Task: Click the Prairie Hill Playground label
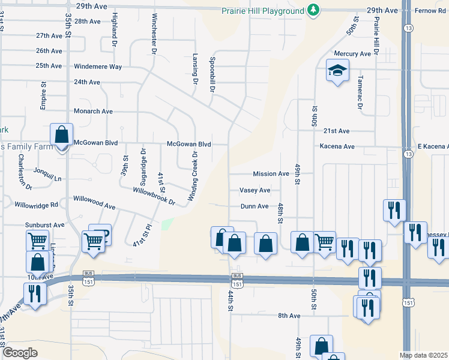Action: tap(262, 10)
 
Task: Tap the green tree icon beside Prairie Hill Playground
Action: tap(313, 10)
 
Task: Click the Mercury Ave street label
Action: tap(352, 54)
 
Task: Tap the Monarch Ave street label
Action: tap(93, 111)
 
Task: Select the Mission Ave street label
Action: tap(271, 174)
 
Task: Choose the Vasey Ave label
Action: tap(255, 190)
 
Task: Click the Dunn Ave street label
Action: tap(255, 206)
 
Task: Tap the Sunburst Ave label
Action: tap(44, 225)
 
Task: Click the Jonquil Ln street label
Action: tap(47, 175)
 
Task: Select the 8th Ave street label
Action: tap(289, 316)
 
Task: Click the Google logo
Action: tap(20, 353)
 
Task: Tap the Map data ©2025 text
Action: tap(423, 355)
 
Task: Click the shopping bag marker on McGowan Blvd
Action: tap(61, 136)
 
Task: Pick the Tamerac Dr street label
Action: tap(361, 92)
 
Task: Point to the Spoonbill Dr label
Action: tap(212, 75)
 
